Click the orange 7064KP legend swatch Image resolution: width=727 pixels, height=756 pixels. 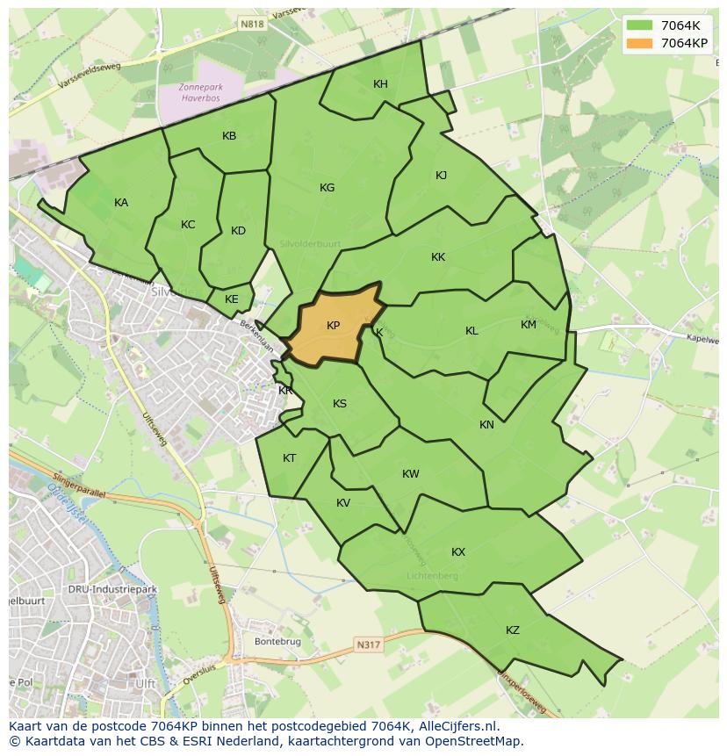click(640, 42)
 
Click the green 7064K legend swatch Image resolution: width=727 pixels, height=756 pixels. click(640, 25)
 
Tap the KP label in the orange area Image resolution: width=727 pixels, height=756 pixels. click(333, 326)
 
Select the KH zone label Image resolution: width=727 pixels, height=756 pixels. click(380, 84)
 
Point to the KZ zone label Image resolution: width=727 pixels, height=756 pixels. click(513, 630)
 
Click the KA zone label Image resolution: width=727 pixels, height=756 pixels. click(121, 203)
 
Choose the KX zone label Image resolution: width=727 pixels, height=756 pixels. click(458, 552)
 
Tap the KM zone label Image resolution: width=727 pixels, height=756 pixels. click(528, 325)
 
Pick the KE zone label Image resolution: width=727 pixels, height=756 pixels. click(231, 299)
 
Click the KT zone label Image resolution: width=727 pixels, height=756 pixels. click(289, 458)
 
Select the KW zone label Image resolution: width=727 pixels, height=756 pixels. click(410, 474)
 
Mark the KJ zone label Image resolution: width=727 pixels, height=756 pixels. click(441, 176)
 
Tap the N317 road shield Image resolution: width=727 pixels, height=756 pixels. click(369, 645)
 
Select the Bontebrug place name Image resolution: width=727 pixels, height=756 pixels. click(277, 642)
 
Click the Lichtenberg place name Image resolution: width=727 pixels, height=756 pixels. click(433, 576)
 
